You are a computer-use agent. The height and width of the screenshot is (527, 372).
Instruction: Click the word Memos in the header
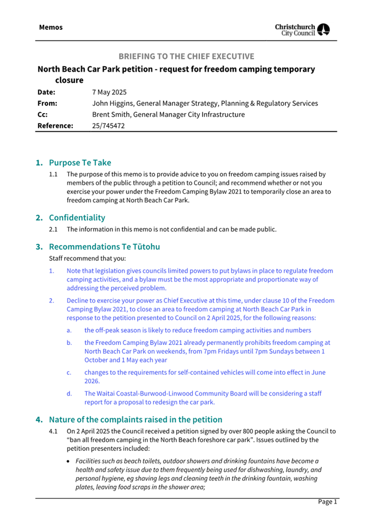(51, 27)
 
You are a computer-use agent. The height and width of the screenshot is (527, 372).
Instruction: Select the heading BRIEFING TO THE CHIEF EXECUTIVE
(187, 56)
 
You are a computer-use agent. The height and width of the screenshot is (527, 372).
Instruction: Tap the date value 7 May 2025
(110, 92)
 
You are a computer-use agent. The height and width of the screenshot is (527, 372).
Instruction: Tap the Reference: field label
(55, 126)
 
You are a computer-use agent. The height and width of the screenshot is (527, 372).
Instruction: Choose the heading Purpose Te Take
(80, 163)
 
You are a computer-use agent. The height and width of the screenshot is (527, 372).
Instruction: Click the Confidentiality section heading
(77, 217)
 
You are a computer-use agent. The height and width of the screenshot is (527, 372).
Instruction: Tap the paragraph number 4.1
(53, 431)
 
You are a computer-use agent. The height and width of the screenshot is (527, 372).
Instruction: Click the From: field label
(47, 103)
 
